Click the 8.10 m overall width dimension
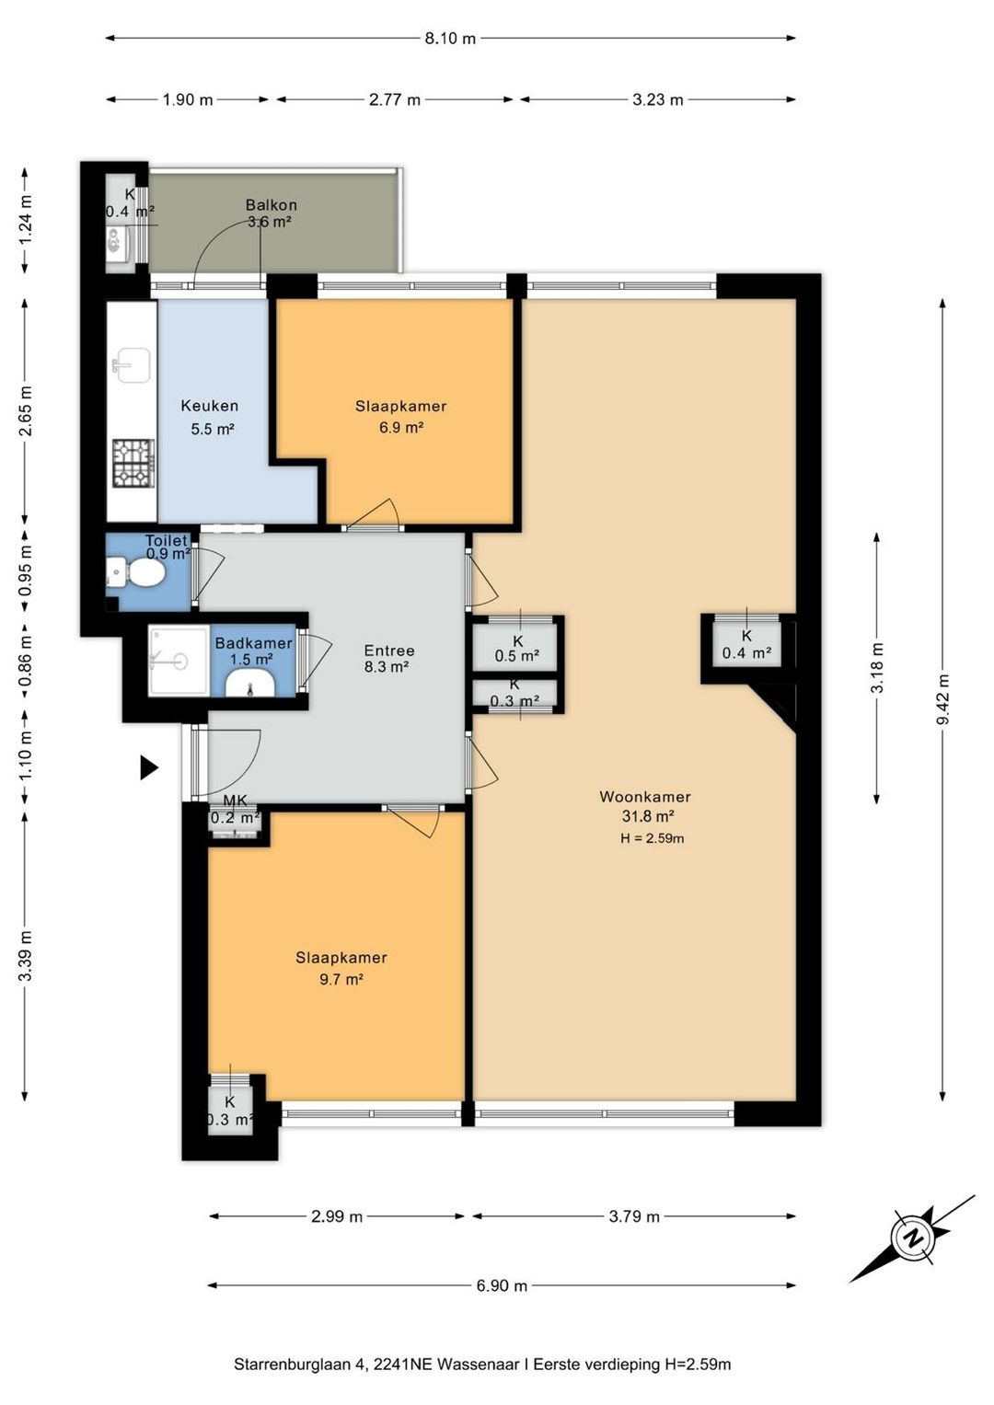click(x=451, y=39)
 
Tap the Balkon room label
click(x=272, y=205)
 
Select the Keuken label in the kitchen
click(x=210, y=406)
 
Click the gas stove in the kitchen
click(x=133, y=464)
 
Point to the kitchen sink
click(x=131, y=365)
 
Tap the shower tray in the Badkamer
click(x=179, y=660)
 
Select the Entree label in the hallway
click(x=389, y=651)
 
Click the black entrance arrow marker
click(x=149, y=767)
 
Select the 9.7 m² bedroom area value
click(x=342, y=979)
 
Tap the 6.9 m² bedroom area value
click(x=401, y=428)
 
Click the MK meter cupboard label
click(x=236, y=801)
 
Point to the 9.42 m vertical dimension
click(x=942, y=699)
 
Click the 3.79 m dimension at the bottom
click(x=634, y=1216)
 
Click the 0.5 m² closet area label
click(x=517, y=656)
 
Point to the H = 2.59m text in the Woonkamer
click(x=652, y=838)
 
